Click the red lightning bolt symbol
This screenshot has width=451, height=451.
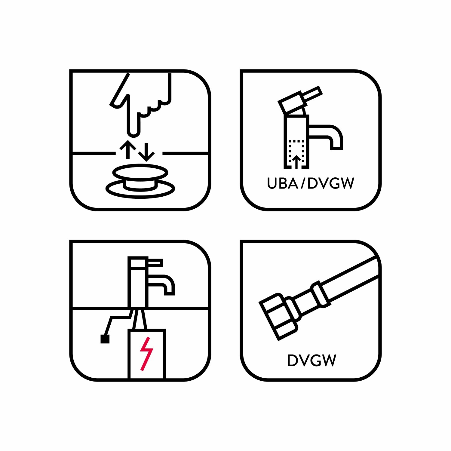[146, 354]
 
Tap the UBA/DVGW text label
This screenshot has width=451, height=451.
[311, 183]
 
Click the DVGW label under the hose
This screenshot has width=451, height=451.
[311, 360]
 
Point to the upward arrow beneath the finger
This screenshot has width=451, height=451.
[128, 149]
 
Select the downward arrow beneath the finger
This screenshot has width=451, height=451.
[146, 152]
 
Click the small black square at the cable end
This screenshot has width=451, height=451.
[105, 339]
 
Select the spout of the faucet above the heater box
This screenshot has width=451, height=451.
[161, 284]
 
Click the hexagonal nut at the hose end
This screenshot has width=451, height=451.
[278, 317]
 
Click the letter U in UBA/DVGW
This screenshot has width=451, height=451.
[272, 183]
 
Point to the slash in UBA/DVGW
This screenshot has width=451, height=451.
[303, 183]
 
